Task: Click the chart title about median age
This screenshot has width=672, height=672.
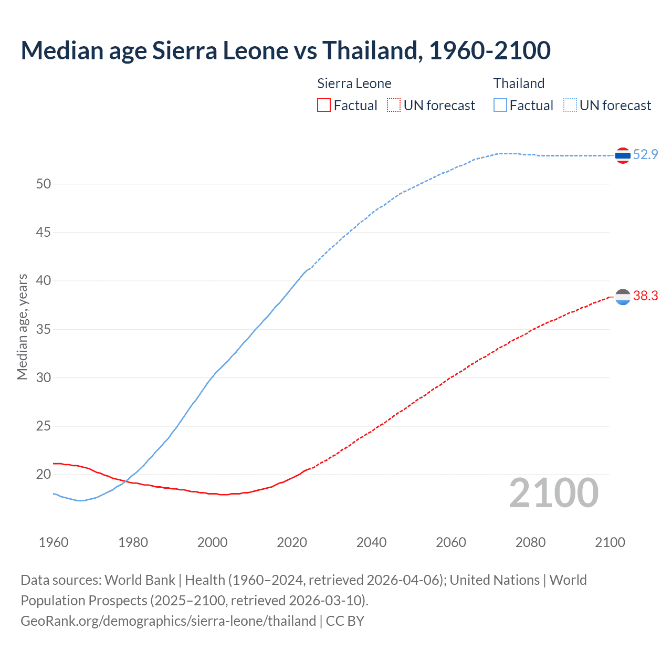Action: [x=286, y=50]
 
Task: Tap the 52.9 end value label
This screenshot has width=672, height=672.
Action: [x=645, y=154]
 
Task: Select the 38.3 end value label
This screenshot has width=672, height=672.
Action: [x=645, y=296]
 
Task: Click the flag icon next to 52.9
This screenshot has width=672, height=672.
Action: [x=623, y=155]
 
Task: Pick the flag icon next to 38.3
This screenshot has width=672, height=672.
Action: [x=623, y=297]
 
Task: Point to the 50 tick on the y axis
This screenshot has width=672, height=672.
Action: [x=44, y=184]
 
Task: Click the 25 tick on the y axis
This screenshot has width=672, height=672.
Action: [x=44, y=426]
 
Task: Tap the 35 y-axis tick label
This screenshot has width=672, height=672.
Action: [x=44, y=329]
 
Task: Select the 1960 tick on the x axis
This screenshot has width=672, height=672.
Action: [x=54, y=542]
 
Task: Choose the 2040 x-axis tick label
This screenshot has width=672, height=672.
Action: [x=371, y=542]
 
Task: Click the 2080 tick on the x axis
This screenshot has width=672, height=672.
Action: [x=530, y=542]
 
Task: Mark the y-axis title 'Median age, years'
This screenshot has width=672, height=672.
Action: [x=22, y=327]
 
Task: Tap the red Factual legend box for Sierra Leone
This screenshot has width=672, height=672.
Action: [x=324, y=106]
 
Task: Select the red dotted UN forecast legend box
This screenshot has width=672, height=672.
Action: [x=394, y=106]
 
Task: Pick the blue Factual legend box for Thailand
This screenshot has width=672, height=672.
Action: [x=500, y=106]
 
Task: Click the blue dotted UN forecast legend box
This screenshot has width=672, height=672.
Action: [x=570, y=106]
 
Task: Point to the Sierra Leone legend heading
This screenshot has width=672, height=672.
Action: [x=354, y=83]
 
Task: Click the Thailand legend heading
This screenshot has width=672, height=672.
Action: [x=519, y=83]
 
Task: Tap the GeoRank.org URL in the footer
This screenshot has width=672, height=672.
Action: [x=168, y=621]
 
